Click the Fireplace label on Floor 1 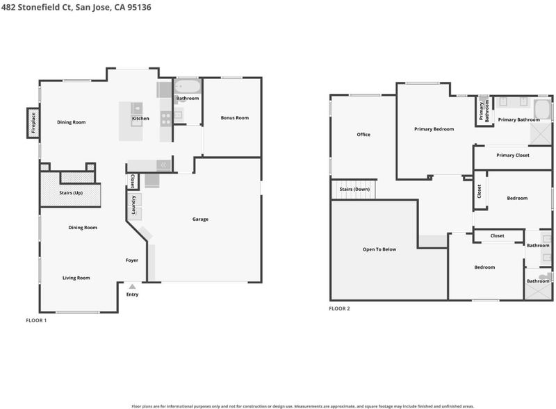point(33,123)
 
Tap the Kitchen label point(140,118)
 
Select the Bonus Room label point(235,117)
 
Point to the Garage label point(200,219)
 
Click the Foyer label point(131,260)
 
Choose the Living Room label point(76,278)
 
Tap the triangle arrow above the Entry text point(132,286)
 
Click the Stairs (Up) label point(71,193)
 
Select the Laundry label point(133,204)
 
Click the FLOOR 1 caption point(36,320)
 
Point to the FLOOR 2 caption point(339,308)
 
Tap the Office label point(363,134)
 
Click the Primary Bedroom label point(434,129)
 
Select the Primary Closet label point(513,156)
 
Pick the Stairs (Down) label point(354,190)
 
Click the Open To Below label point(379,249)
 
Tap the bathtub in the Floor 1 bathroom point(188,87)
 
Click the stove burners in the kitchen point(166,118)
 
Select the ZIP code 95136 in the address point(139,7)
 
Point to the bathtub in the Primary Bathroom point(543,110)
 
